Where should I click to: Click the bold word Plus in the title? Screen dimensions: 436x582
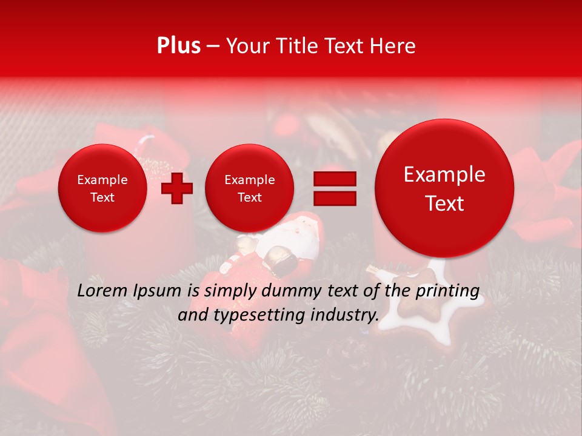(x=178, y=46)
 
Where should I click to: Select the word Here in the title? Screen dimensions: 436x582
(x=393, y=46)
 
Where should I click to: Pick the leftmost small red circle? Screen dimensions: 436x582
(x=102, y=188)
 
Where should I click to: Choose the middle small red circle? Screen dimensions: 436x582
(x=249, y=188)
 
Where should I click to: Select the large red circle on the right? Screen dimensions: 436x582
(x=444, y=188)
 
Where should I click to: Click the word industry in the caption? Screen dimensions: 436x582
(x=345, y=315)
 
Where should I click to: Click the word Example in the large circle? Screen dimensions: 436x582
(x=444, y=174)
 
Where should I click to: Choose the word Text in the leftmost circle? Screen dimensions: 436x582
(x=102, y=197)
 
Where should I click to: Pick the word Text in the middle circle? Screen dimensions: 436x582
(x=249, y=197)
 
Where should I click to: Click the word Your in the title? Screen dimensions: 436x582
(x=245, y=46)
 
